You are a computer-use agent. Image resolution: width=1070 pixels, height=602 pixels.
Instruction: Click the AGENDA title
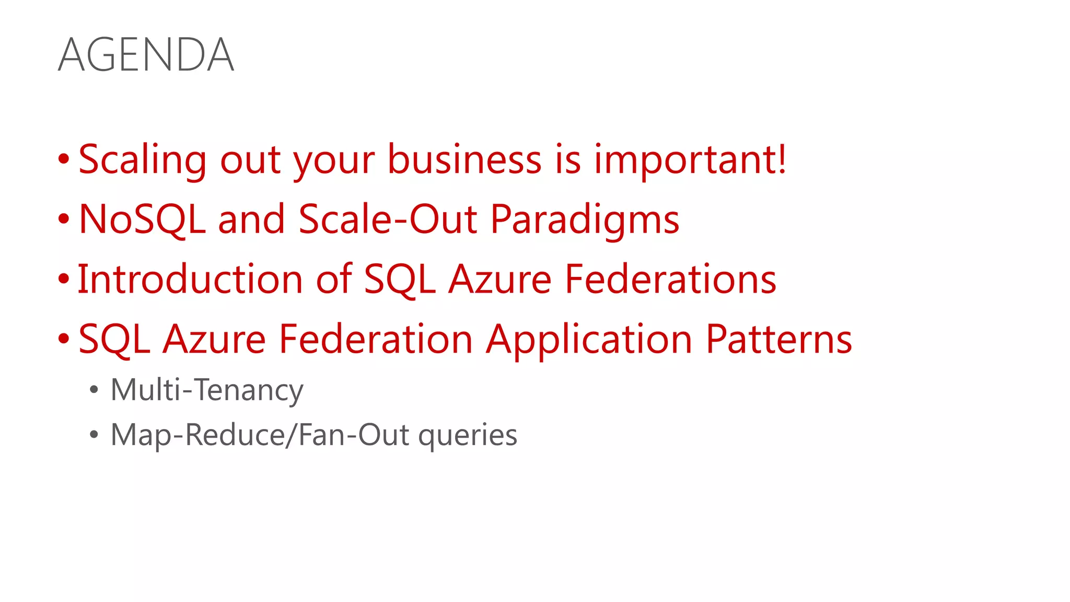[146, 55]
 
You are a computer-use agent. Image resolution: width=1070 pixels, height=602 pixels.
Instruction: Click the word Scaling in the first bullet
[142, 159]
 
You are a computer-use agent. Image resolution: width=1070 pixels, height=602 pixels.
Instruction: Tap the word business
[464, 159]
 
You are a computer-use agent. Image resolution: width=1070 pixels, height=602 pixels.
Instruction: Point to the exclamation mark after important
[781, 158]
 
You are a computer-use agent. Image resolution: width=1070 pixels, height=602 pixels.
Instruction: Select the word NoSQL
[142, 219]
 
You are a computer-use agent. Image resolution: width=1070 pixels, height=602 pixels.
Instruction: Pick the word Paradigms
[585, 220]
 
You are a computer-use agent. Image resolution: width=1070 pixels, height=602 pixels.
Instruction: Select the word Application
[589, 340]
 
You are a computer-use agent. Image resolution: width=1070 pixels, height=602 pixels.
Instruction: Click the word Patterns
[778, 339]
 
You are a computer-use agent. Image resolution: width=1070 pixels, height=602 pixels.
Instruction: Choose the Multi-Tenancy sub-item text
[207, 390]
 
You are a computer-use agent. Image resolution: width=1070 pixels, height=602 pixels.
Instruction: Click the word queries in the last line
[468, 435]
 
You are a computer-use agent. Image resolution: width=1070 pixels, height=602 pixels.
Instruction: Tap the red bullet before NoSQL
[64, 219]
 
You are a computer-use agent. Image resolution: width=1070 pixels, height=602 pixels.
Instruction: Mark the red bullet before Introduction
[64, 279]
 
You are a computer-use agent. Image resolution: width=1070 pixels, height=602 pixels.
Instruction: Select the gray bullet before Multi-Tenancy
[94, 390]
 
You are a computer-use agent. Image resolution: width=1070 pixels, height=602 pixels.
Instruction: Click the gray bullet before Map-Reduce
[94, 435]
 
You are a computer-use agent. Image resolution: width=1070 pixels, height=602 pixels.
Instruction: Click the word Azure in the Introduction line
[499, 279]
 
